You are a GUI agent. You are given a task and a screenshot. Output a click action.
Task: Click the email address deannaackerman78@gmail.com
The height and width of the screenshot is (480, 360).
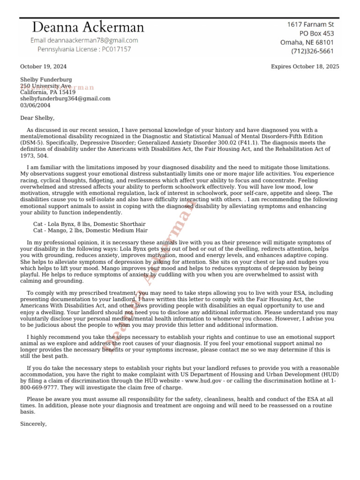click(x=84, y=40)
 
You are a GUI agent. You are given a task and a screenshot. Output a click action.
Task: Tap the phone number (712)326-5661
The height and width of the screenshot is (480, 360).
click(x=313, y=51)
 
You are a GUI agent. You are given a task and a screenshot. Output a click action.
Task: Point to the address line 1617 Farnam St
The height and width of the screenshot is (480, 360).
click(x=310, y=24)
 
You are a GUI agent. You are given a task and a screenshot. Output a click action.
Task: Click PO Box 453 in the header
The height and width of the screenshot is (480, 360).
click(x=317, y=33)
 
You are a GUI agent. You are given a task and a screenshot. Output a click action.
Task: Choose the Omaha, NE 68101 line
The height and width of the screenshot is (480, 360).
click(x=307, y=42)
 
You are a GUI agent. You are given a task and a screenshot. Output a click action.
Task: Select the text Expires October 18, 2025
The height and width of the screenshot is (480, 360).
click(x=305, y=67)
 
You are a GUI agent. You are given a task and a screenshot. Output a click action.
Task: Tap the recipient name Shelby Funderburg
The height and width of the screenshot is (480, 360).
click(x=46, y=80)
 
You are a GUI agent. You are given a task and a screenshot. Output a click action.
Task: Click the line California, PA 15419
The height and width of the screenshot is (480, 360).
click(x=47, y=92)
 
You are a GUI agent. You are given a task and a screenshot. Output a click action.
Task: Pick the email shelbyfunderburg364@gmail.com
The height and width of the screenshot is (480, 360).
click(x=65, y=98)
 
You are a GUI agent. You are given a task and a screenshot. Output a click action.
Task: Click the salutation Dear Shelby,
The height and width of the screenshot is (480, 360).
click(x=37, y=118)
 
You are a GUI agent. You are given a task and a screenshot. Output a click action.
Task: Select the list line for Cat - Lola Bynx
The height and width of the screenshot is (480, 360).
click(x=89, y=224)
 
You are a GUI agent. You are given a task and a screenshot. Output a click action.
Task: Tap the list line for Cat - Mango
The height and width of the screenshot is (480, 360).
click(x=90, y=230)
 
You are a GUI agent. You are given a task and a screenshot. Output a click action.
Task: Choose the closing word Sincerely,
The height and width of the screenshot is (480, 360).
click(x=34, y=423)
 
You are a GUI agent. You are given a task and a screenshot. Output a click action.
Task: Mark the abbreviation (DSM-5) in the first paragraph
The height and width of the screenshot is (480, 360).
click(x=31, y=142)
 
